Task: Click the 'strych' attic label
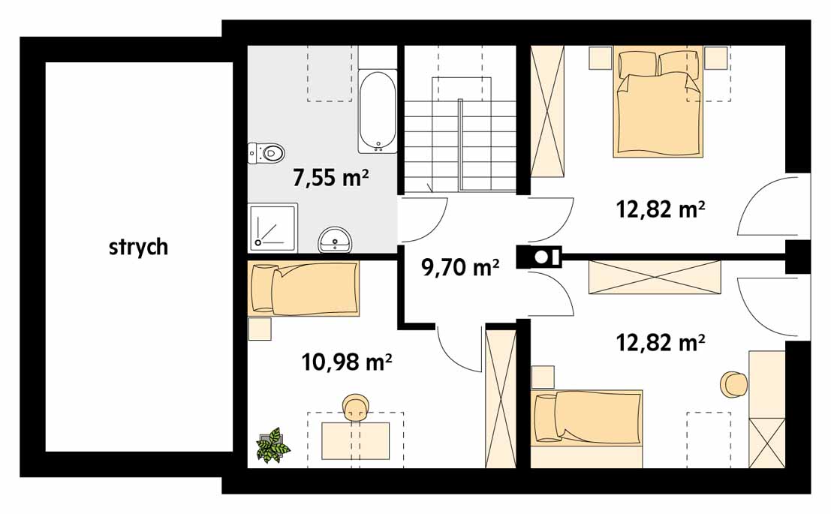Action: click(x=138, y=248)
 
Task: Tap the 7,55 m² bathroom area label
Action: click(x=331, y=178)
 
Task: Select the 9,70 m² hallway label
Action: click(x=460, y=267)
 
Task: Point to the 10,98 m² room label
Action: click(x=347, y=362)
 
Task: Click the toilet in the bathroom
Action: click(x=266, y=153)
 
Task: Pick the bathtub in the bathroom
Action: click(x=378, y=111)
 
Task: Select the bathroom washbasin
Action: click(x=334, y=240)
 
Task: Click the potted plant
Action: click(x=273, y=445)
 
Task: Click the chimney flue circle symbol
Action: click(x=541, y=257)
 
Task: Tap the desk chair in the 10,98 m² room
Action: click(x=356, y=407)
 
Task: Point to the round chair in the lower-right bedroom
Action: click(x=733, y=384)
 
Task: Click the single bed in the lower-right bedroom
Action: click(x=587, y=416)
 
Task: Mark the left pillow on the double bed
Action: click(x=637, y=64)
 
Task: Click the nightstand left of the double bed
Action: click(x=601, y=58)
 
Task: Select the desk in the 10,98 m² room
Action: click(x=356, y=441)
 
